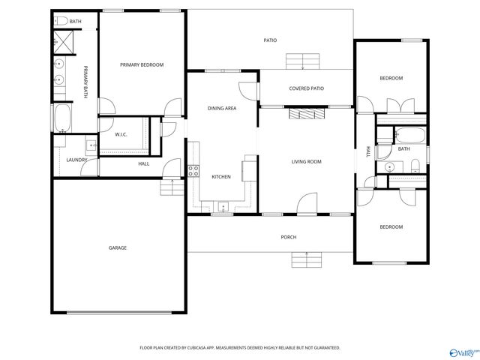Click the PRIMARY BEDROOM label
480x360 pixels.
pos(142,65)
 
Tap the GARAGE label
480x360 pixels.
pos(117,247)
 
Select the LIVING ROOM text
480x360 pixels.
pos(306,161)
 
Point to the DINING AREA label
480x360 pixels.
pos(222,109)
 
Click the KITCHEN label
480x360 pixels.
pos(220,177)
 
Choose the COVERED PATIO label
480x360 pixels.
pos(306,88)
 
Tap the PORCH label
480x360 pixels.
pos(289,237)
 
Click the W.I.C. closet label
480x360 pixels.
pos(121,135)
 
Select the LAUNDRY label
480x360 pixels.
pos(76,160)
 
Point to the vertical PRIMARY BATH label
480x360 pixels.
pos(85,82)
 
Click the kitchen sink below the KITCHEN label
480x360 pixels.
pos(222,206)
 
